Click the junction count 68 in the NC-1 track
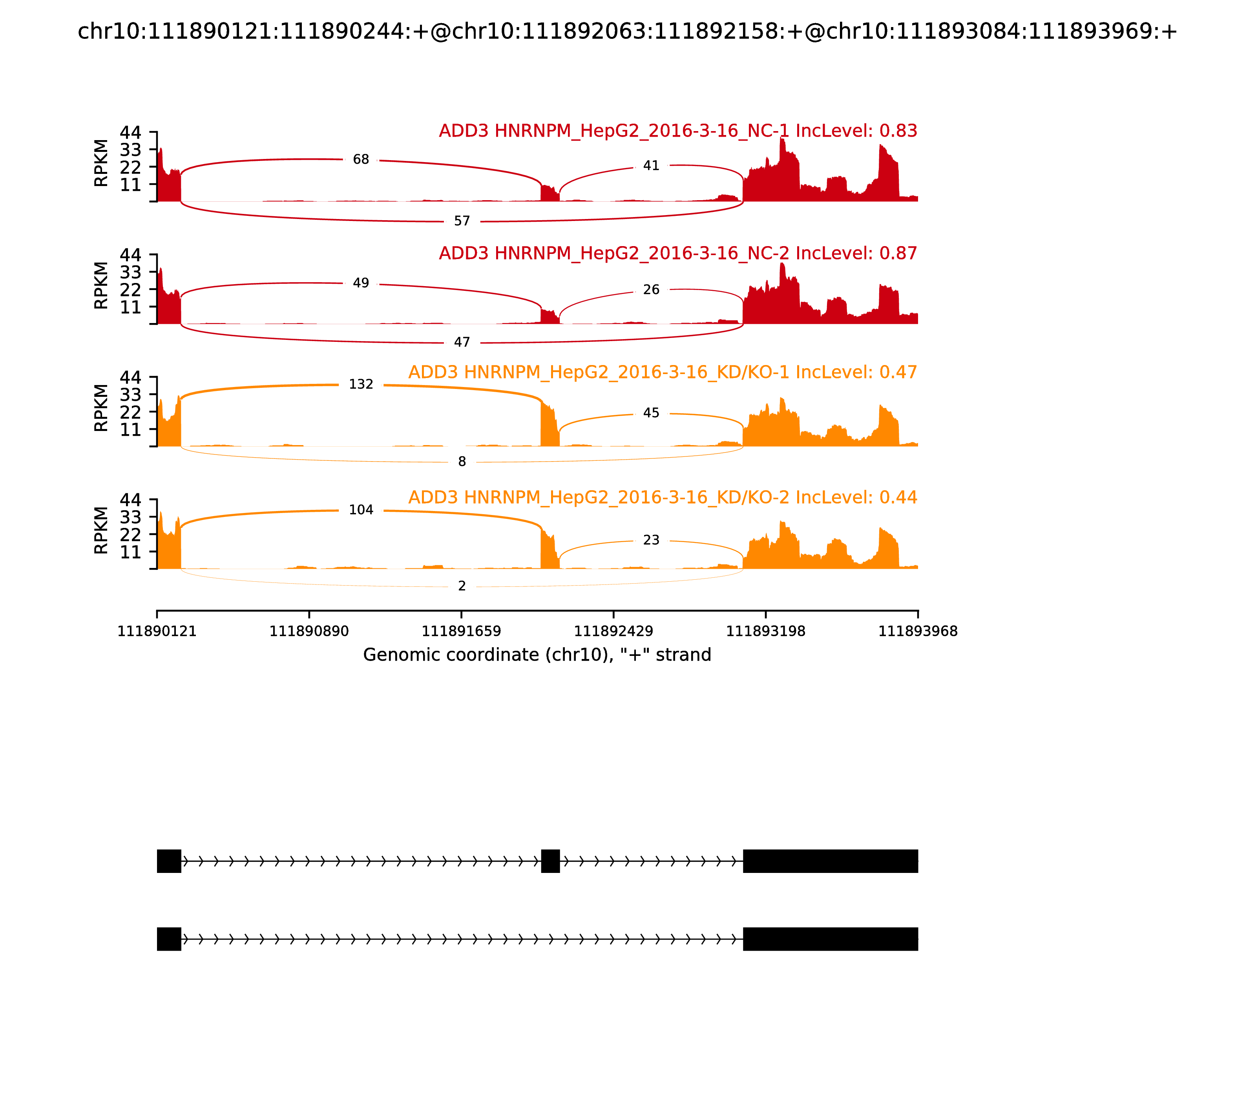[x=361, y=159]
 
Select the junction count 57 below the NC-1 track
[x=462, y=221]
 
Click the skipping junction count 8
[x=462, y=462]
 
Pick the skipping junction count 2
[x=462, y=586]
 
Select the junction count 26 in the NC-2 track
[x=651, y=290]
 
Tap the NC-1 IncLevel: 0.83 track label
[x=678, y=131]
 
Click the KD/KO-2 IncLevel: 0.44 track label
[x=663, y=497]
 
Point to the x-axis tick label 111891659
[x=461, y=632]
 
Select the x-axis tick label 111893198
[x=765, y=632]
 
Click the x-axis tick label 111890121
[x=157, y=632]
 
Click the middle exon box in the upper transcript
[x=550, y=861]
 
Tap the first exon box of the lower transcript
[x=169, y=939]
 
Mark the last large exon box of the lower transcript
[x=831, y=939]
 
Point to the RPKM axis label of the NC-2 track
[x=101, y=285]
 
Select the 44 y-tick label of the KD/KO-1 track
[x=130, y=377]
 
